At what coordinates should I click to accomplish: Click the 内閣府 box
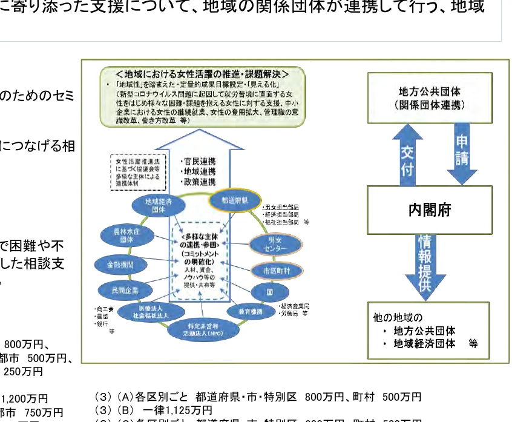(430, 210)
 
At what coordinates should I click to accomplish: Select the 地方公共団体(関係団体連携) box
(430, 98)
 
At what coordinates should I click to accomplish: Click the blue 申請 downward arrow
(462, 151)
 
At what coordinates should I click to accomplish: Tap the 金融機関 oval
(115, 265)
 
